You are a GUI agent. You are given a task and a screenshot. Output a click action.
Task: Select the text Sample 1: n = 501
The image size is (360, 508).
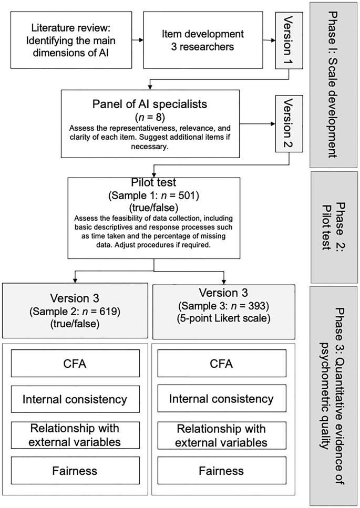point(154,195)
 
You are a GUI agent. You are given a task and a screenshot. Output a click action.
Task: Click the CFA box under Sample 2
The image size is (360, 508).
point(75,363)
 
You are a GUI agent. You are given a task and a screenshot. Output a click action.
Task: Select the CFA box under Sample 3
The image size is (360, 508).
point(221,363)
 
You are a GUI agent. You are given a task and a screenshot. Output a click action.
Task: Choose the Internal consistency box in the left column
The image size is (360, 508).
point(75,399)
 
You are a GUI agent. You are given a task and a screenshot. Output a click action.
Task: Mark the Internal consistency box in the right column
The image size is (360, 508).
point(221,399)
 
